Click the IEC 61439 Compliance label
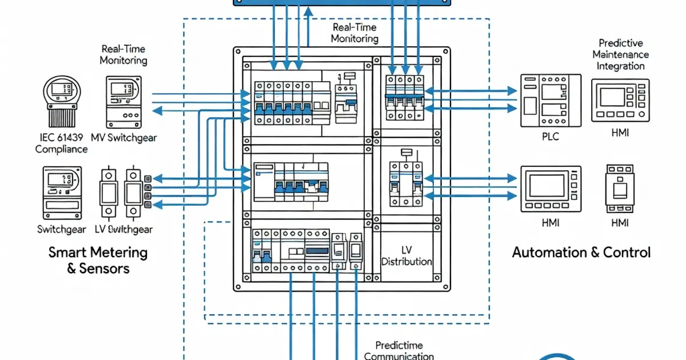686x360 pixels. (x=61, y=143)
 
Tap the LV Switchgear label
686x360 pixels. (x=124, y=229)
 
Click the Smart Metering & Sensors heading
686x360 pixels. (x=98, y=260)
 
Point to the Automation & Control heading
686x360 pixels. (x=581, y=253)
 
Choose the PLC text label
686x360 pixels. (x=550, y=137)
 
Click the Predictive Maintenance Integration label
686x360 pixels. (x=620, y=54)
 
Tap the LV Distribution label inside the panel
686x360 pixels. (x=406, y=256)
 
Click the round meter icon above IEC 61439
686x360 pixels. (x=62, y=101)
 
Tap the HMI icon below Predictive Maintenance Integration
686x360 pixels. (x=620, y=100)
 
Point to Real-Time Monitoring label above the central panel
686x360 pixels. (x=354, y=33)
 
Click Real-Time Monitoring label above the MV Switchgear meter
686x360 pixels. (x=123, y=55)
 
